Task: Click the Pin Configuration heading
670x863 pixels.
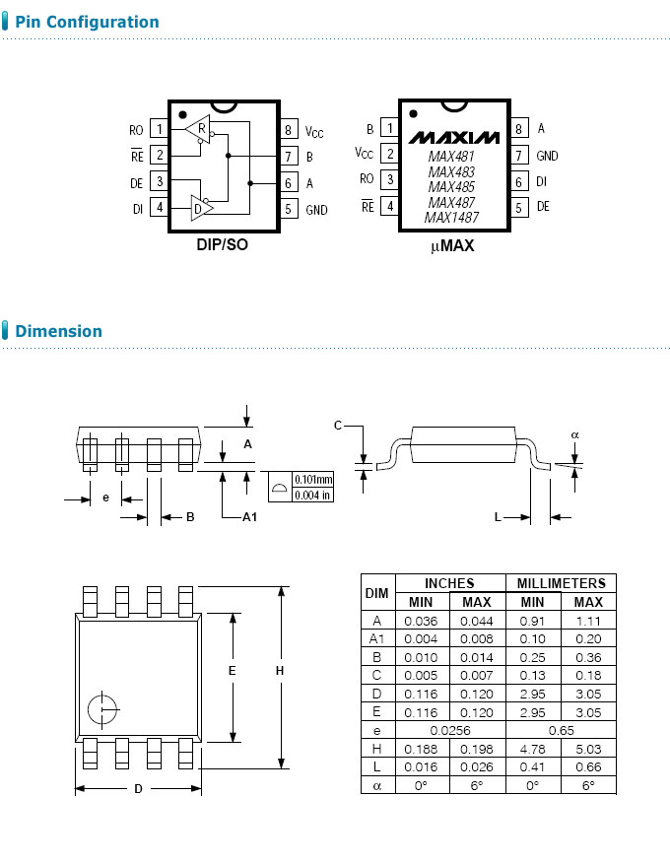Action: click(87, 22)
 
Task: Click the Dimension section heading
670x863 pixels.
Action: click(58, 331)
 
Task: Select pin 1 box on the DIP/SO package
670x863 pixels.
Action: click(159, 129)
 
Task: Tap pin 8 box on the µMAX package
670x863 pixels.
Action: click(518, 129)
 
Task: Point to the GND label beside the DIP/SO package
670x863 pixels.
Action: click(316, 210)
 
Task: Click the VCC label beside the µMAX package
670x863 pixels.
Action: click(364, 154)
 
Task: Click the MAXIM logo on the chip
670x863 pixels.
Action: click(454, 136)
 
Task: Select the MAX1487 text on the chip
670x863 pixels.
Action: click(452, 217)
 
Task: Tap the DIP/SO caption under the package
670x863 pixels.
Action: click(222, 244)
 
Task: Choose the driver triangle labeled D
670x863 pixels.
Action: click(201, 208)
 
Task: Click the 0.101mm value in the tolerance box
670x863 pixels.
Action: click(314, 479)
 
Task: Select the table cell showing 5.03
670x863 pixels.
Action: click(588, 749)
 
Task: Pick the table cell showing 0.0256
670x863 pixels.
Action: click(449, 731)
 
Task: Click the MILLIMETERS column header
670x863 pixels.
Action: click(561, 583)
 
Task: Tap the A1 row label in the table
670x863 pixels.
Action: click(376, 638)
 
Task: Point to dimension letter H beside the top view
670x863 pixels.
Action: click(279, 671)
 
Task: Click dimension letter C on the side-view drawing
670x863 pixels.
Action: click(338, 426)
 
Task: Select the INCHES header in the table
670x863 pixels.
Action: click(449, 583)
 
